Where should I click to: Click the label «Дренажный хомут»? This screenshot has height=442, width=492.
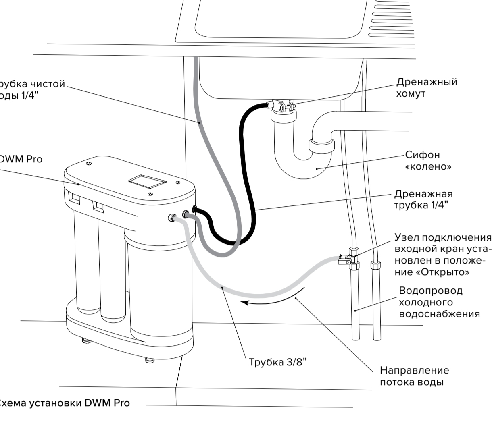pos(427,87)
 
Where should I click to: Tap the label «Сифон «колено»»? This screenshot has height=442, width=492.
pos(428,160)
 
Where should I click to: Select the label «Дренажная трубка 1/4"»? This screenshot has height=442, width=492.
pos(423,200)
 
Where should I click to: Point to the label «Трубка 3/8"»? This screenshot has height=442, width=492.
pos(278,362)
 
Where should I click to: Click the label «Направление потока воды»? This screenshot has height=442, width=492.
pos(414,376)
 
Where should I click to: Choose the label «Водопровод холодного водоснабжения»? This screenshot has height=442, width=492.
pos(439,302)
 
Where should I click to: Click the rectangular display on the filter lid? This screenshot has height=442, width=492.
pos(147,181)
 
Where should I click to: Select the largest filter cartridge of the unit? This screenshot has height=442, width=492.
pos(159,290)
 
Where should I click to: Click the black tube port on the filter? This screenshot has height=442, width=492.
pos(194,209)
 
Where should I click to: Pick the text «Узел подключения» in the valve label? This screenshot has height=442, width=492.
pos(443,237)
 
